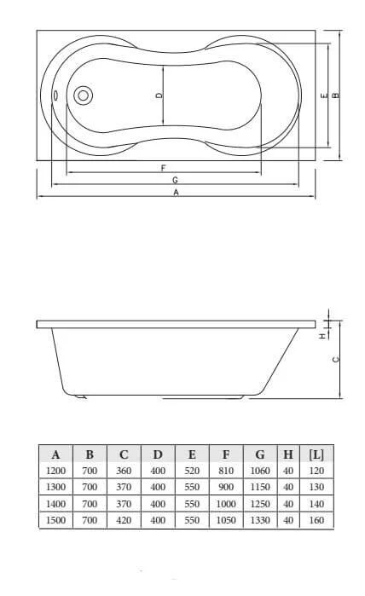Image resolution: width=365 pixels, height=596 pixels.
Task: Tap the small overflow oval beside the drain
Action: click(x=56, y=95)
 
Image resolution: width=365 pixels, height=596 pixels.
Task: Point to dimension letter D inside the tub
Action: click(x=159, y=95)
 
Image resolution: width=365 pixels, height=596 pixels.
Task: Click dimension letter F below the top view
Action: click(x=163, y=167)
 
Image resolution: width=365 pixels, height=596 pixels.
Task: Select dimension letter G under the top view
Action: click(x=174, y=180)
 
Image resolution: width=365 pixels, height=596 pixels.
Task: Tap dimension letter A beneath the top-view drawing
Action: click(x=176, y=193)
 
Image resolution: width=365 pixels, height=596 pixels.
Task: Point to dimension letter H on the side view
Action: click(x=322, y=336)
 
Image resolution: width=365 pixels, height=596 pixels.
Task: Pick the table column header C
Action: click(x=124, y=454)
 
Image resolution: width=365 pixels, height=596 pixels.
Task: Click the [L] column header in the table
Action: click(x=316, y=454)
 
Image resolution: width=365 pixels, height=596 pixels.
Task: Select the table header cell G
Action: click(x=259, y=454)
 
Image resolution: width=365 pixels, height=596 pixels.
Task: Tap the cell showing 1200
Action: click(x=55, y=471)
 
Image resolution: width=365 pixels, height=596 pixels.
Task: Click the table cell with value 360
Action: click(x=124, y=471)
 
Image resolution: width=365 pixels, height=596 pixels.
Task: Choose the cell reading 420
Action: click(x=124, y=519)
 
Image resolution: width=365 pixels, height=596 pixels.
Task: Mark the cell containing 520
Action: click(x=192, y=471)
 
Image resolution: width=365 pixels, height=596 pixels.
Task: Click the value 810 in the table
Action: click(x=226, y=471)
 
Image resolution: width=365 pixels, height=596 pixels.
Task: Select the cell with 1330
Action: click(x=259, y=519)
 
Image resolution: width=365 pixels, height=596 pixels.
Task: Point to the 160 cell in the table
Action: click(x=316, y=519)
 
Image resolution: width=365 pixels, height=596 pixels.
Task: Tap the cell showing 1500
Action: click(x=55, y=519)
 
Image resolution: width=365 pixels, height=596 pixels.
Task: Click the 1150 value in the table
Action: click(x=259, y=487)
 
